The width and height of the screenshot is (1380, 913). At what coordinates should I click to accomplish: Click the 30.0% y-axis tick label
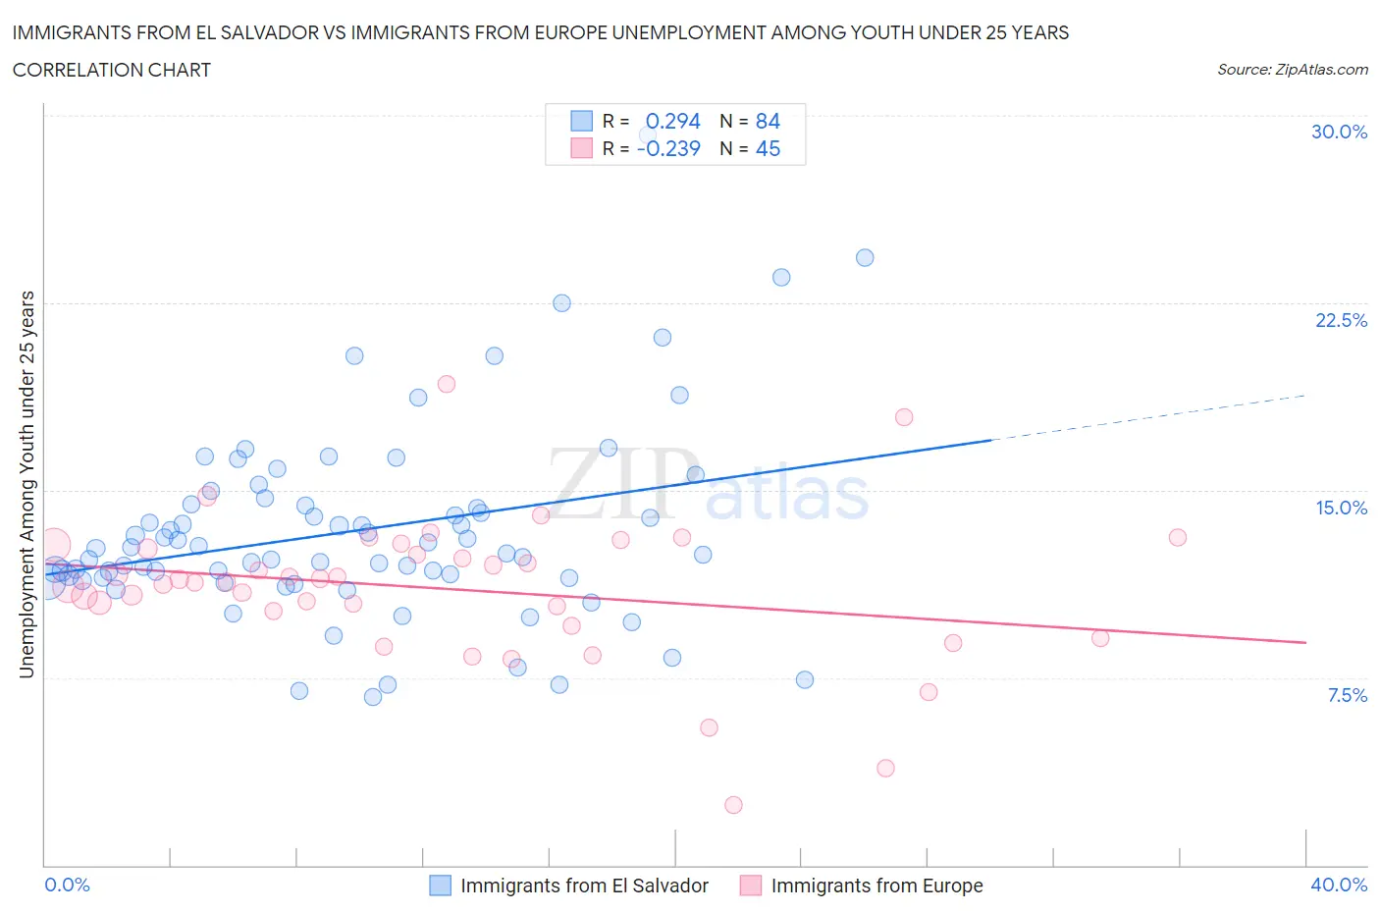[x=1339, y=132]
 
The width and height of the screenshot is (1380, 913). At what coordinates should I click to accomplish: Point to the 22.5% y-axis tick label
[x=1341, y=320]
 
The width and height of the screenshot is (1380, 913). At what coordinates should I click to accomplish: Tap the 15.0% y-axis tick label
[x=1341, y=508]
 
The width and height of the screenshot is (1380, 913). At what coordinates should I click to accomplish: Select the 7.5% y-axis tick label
[x=1347, y=695]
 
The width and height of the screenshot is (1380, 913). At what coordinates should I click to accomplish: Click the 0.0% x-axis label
[x=67, y=885]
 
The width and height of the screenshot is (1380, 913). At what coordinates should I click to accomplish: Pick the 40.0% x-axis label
[x=1339, y=885]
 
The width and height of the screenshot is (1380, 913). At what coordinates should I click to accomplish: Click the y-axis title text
[x=27, y=484]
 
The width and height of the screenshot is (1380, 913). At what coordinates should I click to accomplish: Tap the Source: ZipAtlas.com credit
[x=1292, y=70]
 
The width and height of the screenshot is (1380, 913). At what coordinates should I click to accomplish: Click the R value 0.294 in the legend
[x=672, y=121]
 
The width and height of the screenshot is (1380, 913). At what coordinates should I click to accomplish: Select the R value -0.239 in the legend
[x=668, y=148]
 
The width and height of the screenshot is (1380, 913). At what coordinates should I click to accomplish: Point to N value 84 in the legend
[x=768, y=121]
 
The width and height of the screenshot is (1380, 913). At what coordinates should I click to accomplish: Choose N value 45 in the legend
[x=768, y=148]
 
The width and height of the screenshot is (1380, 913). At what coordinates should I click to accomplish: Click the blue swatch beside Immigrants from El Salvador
[x=441, y=886]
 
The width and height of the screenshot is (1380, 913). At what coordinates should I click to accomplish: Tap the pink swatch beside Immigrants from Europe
[x=751, y=886]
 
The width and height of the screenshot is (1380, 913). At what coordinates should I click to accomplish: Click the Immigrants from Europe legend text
[x=876, y=886]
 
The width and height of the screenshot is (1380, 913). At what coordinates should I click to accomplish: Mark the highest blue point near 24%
[x=865, y=258]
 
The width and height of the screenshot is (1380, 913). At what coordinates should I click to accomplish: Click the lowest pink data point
[x=733, y=805]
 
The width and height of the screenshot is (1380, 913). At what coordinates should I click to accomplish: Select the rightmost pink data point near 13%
[x=1178, y=537]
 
